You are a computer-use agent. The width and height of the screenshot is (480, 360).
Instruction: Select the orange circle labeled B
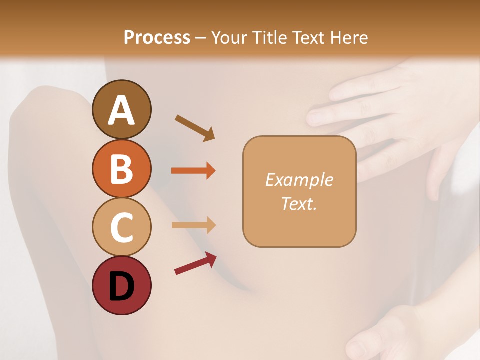click(121, 169)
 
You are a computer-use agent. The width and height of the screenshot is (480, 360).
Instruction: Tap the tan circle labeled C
click(121, 227)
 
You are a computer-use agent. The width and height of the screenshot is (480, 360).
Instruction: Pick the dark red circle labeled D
click(121, 285)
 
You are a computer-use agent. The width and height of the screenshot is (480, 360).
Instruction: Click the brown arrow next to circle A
click(195, 127)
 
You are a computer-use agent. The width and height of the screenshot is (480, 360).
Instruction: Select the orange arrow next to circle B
click(193, 171)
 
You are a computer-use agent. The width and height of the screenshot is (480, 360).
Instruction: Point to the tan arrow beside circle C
click(193, 225)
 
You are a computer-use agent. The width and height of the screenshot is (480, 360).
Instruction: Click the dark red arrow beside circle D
click(195, 263)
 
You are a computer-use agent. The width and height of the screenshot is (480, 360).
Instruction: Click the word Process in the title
click(157, 37)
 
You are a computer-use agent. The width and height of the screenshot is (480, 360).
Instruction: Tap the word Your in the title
click(230, 37)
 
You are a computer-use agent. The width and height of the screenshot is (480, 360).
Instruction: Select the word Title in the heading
click(270, 37)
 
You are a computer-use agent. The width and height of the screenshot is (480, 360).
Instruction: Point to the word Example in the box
click(299, 180)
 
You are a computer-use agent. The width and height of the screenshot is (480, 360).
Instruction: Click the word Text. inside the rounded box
click(299, 203)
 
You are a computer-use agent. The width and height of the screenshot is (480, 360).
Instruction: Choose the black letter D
click(121, 286)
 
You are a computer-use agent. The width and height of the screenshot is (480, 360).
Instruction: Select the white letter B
click(121, 169)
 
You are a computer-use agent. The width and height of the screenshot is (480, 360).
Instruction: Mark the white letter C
click(121, 227)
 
